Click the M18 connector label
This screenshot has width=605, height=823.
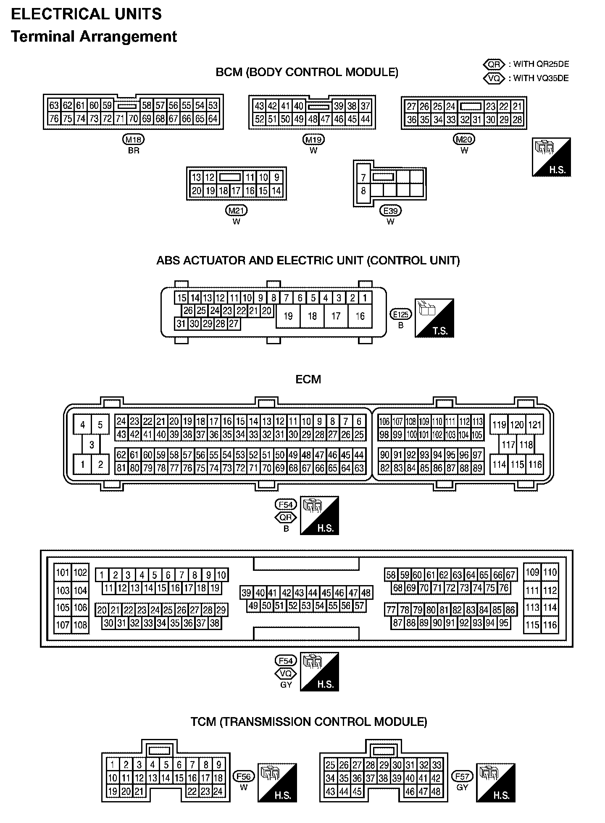click(133, 140)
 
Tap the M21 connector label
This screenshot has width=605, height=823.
click(236, 211)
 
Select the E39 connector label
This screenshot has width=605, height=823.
click(390, 211)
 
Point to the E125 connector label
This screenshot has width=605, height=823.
click(401, 314)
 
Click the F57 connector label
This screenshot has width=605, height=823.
click(462, 776)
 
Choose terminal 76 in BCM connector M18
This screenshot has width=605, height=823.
click(54, 119)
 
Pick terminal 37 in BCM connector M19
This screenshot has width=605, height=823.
click(365, 106)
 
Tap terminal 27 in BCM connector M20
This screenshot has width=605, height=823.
click(411, 106)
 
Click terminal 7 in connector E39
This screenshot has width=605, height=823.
click(363, 177)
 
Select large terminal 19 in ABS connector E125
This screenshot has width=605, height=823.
click(288, 316)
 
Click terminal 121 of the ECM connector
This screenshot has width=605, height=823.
click(534, 425)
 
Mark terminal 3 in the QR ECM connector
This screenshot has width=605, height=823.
click(92, 445)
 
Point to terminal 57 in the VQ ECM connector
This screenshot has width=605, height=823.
click(359, 606)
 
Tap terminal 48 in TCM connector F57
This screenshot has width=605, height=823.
click(436, 791)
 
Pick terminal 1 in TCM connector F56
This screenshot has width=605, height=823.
click(113, 765)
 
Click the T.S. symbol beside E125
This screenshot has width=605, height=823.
click(434, 318)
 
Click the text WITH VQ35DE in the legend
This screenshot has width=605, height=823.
click(541, 78)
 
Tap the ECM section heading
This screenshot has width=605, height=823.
click(308, 380)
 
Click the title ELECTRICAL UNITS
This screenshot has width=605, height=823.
click(86, 14)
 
